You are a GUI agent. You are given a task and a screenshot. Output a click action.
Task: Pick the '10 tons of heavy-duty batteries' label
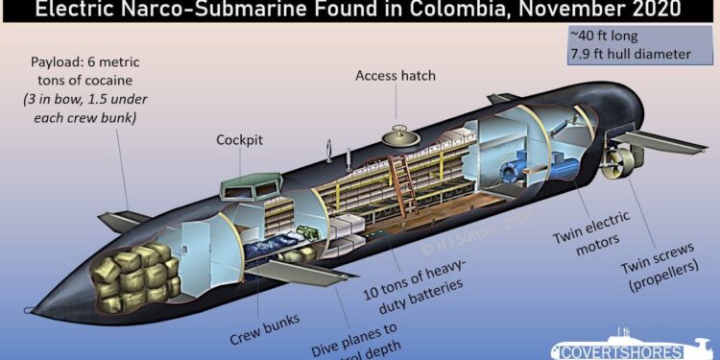(x=430, y=277)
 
